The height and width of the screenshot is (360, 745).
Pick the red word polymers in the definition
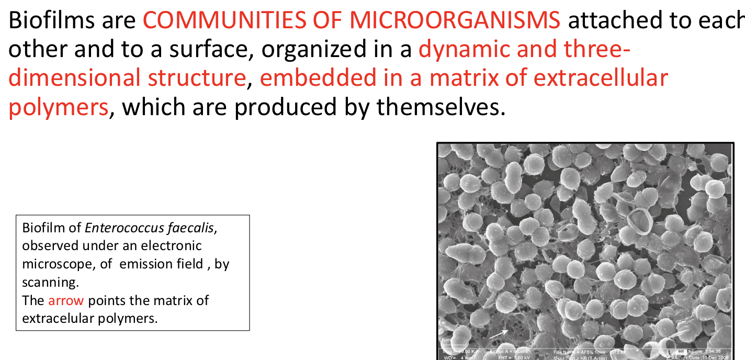click(58, 107)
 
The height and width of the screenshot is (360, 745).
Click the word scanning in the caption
click(50, 282)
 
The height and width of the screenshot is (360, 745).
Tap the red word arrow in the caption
click(65, 300)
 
